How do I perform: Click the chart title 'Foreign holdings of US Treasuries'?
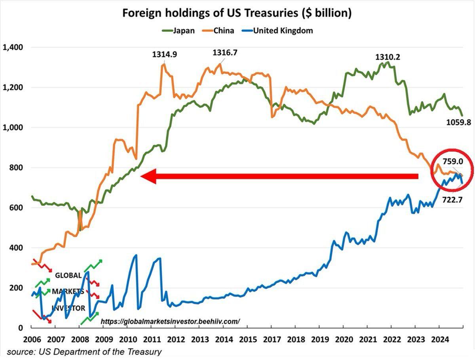[237, 13]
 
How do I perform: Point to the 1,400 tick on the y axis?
[13, 47]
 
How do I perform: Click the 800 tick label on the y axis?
[16, 168]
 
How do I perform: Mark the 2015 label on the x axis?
[247, 339]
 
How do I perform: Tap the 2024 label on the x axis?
[439, 339]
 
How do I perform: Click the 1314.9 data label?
[164, 55]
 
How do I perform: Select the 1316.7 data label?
[225, 53]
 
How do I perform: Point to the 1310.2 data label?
[388, 57]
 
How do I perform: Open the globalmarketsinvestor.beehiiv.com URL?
[170, 322]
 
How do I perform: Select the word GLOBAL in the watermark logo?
[68, 275]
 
